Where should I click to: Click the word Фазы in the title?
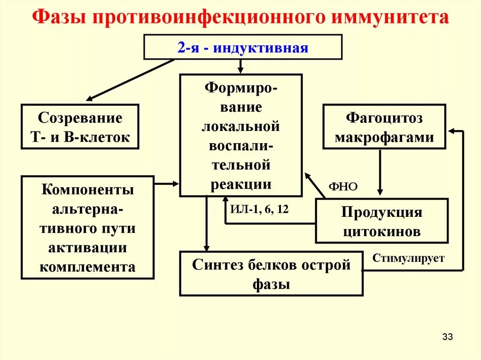pos(61,17)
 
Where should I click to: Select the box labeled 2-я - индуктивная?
pos(242,47)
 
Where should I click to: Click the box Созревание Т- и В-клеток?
pos(80,127)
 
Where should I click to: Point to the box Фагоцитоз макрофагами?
pos(384,127)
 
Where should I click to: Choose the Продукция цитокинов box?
pos(381,221)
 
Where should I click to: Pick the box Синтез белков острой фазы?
pos(271,274)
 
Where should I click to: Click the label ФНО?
pos(343,187)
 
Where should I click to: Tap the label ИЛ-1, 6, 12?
pos(259,209)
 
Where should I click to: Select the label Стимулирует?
pos(408,258)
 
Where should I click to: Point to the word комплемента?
pos(87,267)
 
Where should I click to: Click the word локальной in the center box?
pos(241,126)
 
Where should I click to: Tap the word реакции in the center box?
pos(241,184)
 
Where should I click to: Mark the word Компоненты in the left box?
pos(87,190)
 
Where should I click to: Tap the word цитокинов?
pos(381,231)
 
